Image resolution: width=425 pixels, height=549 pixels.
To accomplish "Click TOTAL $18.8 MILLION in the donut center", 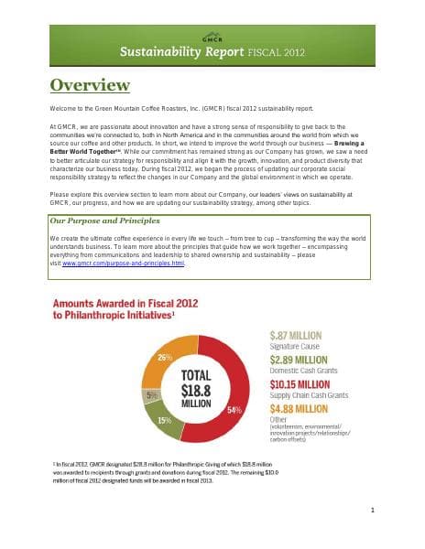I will click(195, 387).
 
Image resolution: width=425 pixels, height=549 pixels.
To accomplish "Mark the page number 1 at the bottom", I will click(400, 509).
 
